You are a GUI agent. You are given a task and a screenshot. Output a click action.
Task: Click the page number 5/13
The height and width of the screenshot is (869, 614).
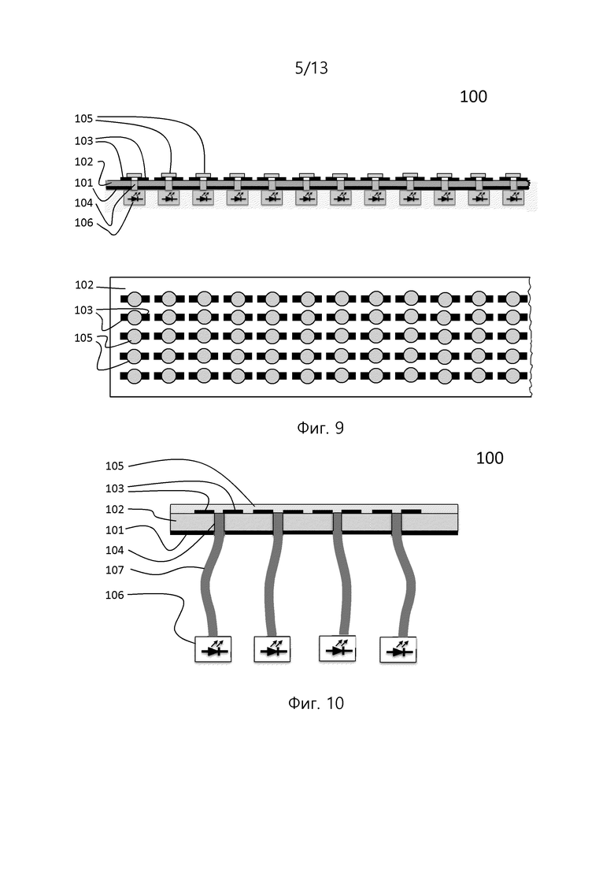(311, 69)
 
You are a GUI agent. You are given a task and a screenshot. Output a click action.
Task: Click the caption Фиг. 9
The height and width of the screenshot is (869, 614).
(320, 428)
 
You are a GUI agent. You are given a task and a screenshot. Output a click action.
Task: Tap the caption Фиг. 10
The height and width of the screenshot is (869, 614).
(316, 704)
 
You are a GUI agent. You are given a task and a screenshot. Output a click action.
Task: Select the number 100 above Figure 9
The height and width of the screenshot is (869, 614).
(473, 96)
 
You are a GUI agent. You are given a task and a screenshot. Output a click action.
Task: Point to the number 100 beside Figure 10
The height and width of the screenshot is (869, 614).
(490, 458)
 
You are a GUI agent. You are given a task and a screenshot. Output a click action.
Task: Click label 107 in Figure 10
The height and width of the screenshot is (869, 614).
(115, 570)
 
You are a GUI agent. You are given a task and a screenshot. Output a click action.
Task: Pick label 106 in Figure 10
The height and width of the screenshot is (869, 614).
(115, 595)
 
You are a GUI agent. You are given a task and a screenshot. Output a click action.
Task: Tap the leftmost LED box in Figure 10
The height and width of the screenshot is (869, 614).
(213, 649)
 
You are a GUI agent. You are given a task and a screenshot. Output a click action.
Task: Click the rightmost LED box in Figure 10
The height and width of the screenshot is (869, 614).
(398, 649)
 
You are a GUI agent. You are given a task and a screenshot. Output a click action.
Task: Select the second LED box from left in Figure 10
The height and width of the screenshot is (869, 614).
(272, 649)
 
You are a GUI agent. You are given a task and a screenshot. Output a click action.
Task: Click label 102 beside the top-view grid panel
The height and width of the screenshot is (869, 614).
(84, 285)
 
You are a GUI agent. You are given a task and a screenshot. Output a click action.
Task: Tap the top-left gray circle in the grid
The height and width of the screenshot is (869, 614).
(135, 299)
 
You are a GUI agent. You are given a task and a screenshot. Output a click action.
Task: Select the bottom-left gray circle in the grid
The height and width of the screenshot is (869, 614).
(135, 377)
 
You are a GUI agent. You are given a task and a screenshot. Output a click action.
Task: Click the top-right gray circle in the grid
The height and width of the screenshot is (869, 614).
(512, 299)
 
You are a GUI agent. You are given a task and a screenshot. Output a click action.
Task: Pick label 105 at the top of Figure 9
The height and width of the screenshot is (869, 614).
(84, 119)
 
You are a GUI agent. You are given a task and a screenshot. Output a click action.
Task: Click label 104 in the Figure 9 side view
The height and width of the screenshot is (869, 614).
(84, 202)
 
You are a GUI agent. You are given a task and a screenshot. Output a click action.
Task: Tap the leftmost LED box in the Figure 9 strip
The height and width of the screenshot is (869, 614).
(135, 197)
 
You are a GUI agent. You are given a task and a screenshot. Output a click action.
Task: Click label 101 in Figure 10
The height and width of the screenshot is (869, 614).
(115, 530)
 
